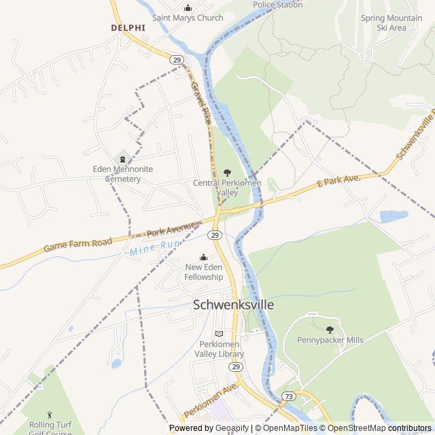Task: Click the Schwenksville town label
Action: point(234,304)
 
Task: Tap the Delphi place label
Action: point(128,28)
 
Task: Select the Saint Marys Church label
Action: point(188,18)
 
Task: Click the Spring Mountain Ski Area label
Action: point(393,23)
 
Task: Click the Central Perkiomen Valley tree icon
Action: point(227,173)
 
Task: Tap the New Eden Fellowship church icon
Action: point(204,257)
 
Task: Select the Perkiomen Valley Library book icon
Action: point(219,334)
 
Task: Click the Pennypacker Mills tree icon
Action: point(330,330)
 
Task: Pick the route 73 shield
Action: point(290,396)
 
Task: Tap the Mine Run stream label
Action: point(147,249)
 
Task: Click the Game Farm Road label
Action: point(77,244)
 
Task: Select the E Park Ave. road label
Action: point(338,181)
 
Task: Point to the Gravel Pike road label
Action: point(199,98)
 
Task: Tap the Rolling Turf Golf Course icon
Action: point(50,415)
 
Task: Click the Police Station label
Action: point(277,4)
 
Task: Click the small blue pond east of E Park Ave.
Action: point(394,216)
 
